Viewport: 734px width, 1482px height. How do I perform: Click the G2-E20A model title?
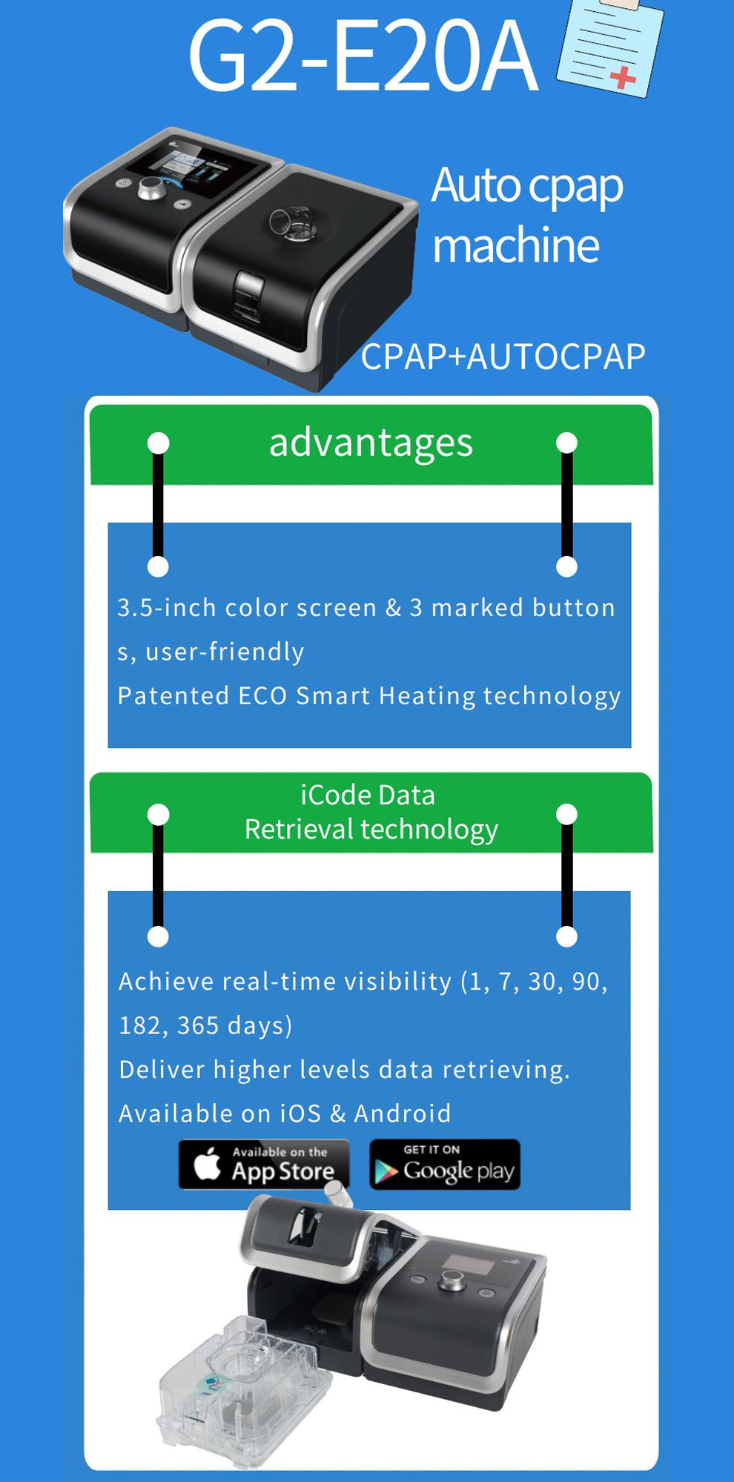pyautogui.click(x=363, y=57)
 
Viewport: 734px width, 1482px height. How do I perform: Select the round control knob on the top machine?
pyautogui.click(x=151, y=188)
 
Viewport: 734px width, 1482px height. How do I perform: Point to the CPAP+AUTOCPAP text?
pyautogui.click(x=503, y=357)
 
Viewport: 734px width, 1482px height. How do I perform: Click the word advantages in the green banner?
pyautogui.click(x=371, y=443)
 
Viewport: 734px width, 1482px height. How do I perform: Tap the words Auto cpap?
pyautogui.click(x=527, y=186)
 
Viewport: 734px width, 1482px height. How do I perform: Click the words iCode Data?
pyautogui.click(x=368, y=795)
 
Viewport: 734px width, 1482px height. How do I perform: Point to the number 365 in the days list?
pyautogui.click(x=198, y=1025)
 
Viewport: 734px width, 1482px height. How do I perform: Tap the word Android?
pyautogui.click(x=403, y=1114)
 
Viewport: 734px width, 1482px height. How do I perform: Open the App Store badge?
pyautogui.click(x=264, y=1164)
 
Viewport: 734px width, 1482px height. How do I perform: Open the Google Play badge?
pyautogui.click(x=445, y=1164)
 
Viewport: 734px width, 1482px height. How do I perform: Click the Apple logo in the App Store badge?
pyautogui.click(x=208, y=1163)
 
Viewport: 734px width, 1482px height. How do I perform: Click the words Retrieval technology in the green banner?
pyautogui.click(x=371, y=830)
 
